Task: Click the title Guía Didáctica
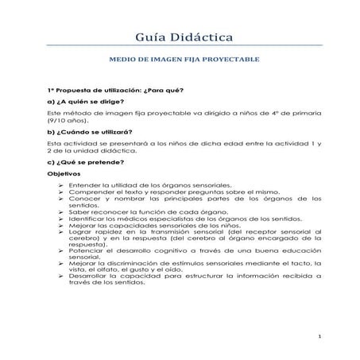click(x=179, y=37)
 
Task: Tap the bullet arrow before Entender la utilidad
click(x=62, y=184)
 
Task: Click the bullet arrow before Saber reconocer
click(x=62, y=212)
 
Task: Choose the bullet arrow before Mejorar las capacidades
click(x=62, y=226)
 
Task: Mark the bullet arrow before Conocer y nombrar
click(x=62, y=199)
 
